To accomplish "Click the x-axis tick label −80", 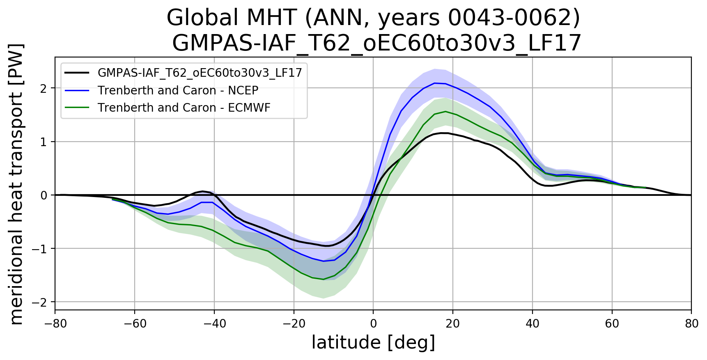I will click(55, 324).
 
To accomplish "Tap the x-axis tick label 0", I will click(373, 324).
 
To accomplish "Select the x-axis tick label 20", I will click(453, 324).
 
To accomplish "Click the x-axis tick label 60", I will click(612, 324).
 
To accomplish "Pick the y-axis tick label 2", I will click(44, 88).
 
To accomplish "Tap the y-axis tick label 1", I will click(44, 142).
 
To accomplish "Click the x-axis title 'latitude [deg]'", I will click(373, 343).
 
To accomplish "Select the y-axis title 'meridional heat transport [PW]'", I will click(16, 183).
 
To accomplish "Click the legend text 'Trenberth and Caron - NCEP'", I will click(178, 90).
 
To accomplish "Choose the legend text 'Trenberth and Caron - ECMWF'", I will click(184, 108).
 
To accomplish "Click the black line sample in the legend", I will click(77, 73).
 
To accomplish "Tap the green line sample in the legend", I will click(77, 108).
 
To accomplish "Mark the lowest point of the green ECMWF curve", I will click(323, 280).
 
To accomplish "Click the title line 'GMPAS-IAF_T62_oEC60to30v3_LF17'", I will click(376, 43).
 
